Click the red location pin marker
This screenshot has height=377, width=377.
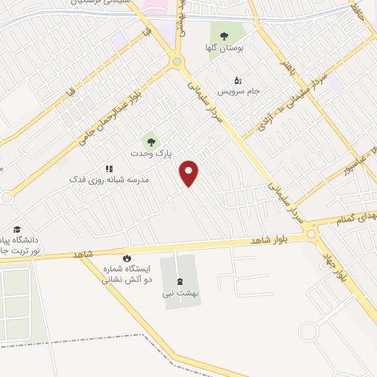[190, 172]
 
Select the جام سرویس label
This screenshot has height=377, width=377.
[239, 91]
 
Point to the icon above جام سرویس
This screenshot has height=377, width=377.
[237, 80]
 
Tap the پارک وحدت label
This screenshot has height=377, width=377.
[156, 155]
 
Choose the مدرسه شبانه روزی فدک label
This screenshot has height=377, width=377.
[109, 180]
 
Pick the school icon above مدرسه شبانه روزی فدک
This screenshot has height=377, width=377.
[109, 169]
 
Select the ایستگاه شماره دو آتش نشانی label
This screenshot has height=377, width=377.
[126, 275]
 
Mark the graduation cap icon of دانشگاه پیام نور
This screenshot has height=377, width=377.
[17, 230]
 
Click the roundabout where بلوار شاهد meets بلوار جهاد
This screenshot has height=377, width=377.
[312, 234]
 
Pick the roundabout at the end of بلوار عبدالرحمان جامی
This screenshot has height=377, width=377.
[176, 62]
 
